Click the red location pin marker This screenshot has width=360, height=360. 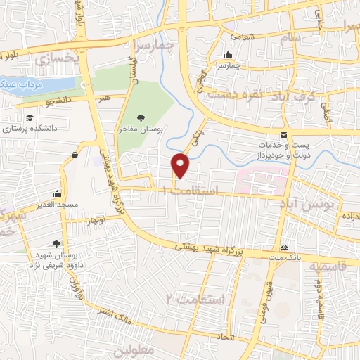[x=181, y=165]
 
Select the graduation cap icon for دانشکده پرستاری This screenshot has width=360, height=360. [x=30, y=117]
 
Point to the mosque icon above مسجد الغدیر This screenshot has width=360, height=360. [x=57, y=193]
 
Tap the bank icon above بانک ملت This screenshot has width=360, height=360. [x=284, y=247]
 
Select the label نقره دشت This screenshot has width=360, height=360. [x=257, y=94]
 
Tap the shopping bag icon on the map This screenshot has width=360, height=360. [x=75, y=154]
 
